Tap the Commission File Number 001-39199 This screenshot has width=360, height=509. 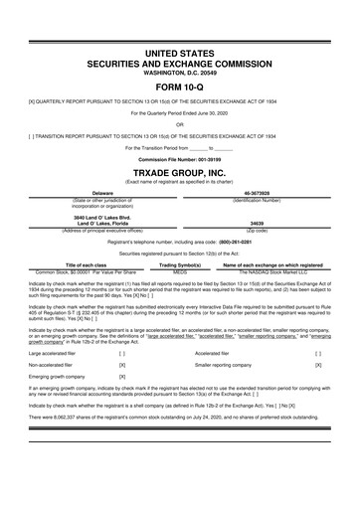(x=180, y=157)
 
